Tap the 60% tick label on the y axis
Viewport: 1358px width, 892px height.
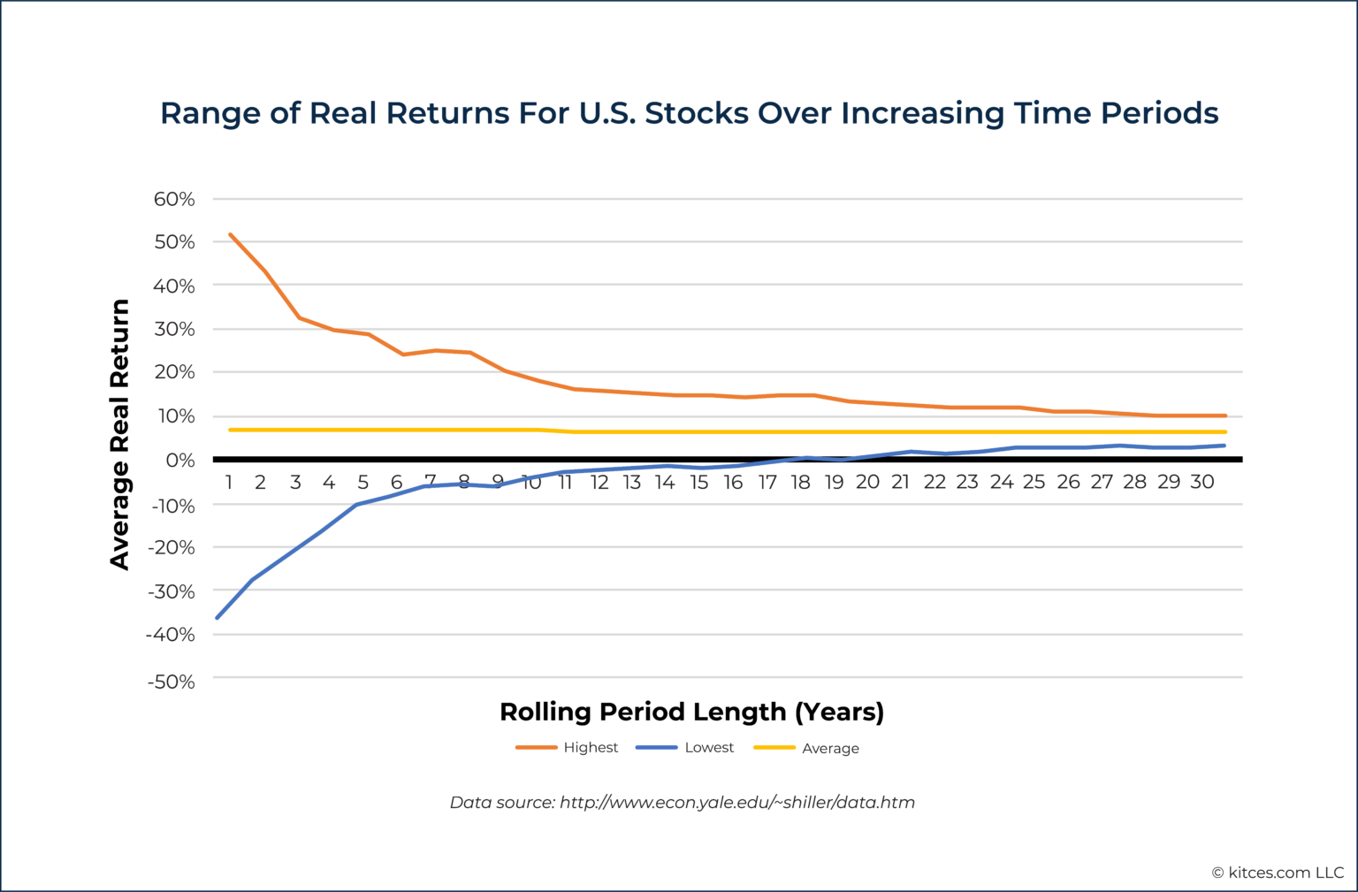tap(174, 199)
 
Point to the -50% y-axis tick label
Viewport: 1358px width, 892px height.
tap(171, 682)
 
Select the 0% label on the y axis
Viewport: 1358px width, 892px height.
tap(179, 460)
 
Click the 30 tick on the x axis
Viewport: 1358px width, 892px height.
tap(1202, 482)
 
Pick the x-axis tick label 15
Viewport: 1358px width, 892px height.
tap(699, 482)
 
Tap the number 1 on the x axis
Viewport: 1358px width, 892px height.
tap(229, 482)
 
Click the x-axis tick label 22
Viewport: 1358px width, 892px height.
tap(935, 482)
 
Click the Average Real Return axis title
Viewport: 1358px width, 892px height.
tap(119, 434)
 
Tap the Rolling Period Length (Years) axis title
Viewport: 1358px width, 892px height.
tap(691, 712)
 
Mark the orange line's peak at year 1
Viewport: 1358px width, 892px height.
tap(230, 234)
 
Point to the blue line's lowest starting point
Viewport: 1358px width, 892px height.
tap(217, 617)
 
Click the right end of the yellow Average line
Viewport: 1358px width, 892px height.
tap(1224, 432)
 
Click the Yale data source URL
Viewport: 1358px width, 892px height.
tap(736, 803)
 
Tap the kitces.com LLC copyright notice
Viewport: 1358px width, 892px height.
tap(1277, 873)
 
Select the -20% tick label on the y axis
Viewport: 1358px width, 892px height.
tap(171, 547)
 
